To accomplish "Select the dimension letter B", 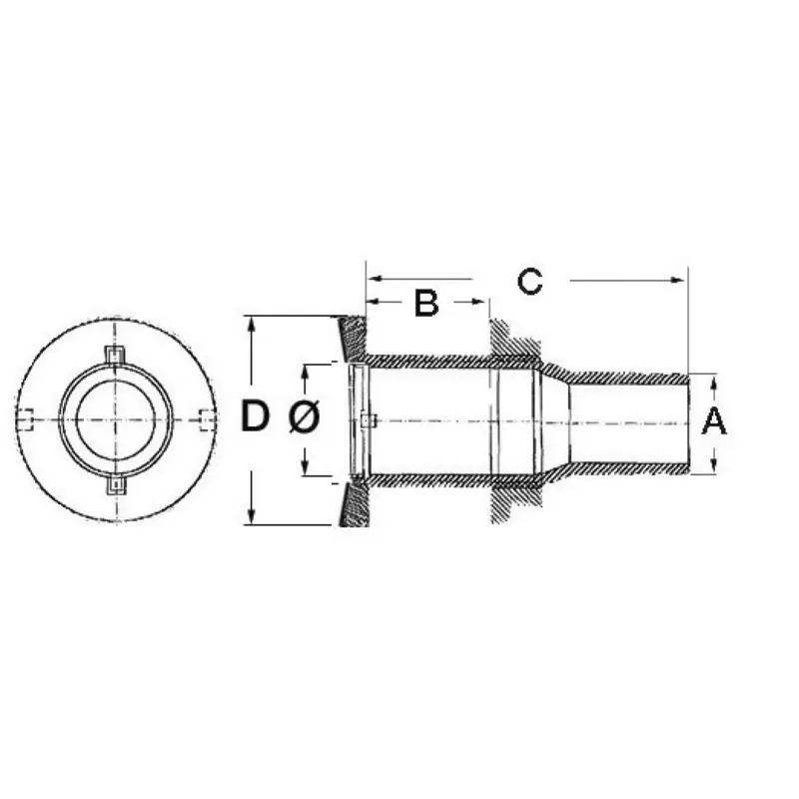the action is point(426,303).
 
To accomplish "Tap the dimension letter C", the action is point(530,282).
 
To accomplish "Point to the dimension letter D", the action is point(255,415).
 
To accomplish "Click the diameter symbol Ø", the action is point(305,415).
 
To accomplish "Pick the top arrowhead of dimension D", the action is point(251,324).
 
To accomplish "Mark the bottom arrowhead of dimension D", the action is point(251,516).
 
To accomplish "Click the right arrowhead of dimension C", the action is point(678,280).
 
